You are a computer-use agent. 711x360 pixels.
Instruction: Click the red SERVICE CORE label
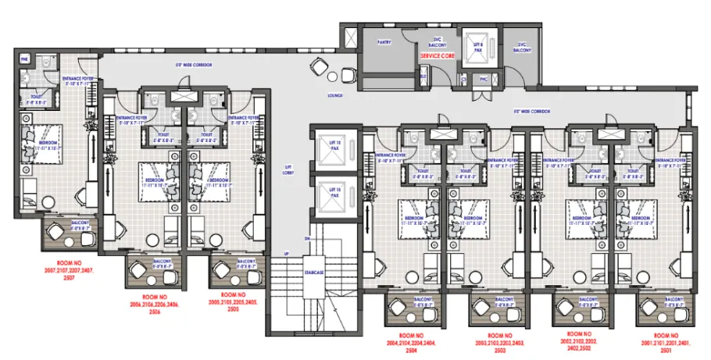[437, 57]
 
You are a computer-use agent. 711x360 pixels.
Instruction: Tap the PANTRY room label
[384, 42]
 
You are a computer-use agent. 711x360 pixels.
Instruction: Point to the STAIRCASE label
[314, 274]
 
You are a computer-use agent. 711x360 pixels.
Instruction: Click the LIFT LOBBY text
[288, 169]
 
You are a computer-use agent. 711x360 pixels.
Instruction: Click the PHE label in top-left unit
[23, 59]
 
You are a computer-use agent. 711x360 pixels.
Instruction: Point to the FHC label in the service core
[483, 78]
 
